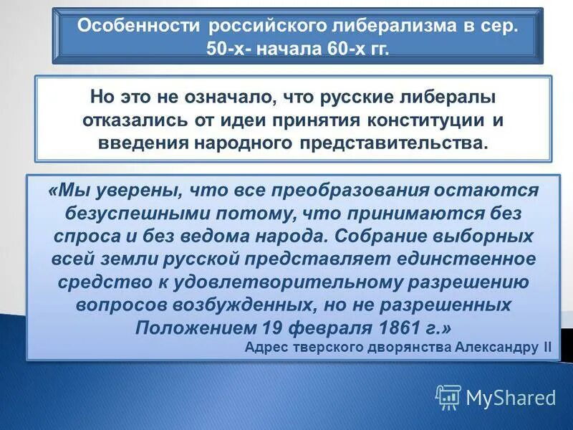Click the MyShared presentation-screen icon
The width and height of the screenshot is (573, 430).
448,396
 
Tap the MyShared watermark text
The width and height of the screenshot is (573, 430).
511,397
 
